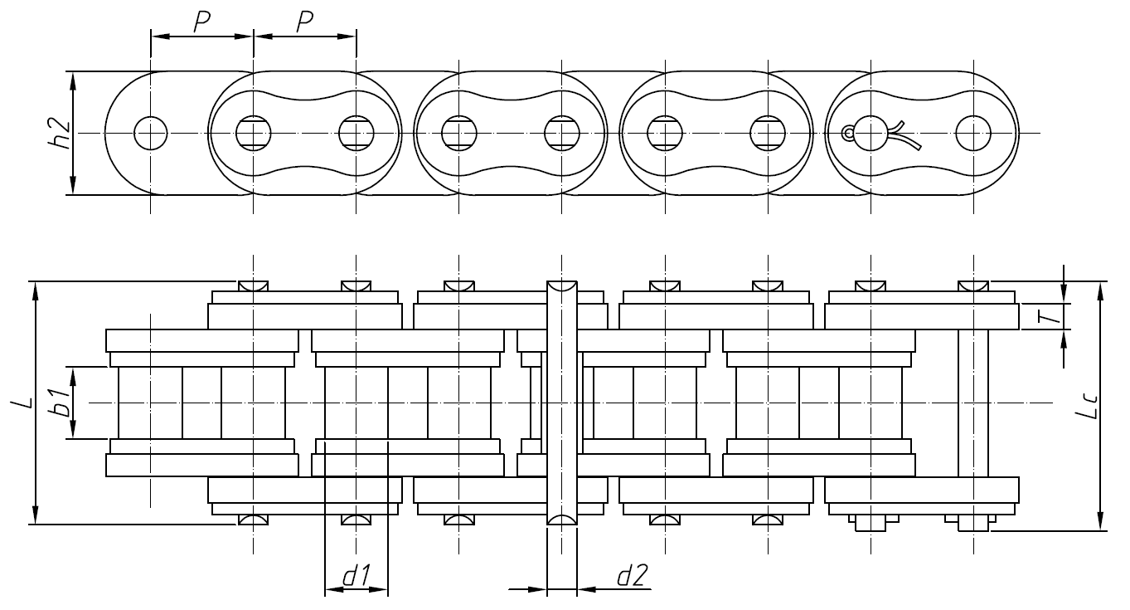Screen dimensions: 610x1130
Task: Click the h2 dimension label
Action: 59,133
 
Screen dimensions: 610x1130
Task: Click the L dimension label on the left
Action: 27,402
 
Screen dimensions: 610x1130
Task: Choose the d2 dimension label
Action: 632,576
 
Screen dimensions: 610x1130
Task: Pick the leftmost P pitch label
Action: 201,22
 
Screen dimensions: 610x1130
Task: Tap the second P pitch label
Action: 304,22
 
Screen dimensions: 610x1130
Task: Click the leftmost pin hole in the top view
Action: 150,133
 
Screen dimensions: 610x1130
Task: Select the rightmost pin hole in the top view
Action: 972,133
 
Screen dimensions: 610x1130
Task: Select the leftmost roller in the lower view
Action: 150,403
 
